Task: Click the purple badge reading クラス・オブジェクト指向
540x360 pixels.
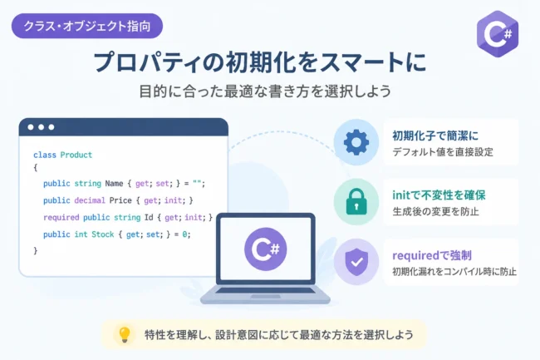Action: click(x=87, y=26)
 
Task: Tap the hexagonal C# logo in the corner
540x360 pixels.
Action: click(x=498, y=33)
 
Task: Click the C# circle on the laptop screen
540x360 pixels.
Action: click(x=266, y=249)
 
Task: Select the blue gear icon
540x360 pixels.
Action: click(x=356, y=142)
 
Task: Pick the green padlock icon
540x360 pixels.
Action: click(x=356, y=202)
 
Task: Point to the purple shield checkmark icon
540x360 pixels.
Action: click(x=356, y=262)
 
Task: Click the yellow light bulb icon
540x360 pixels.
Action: click(x=125, y=334)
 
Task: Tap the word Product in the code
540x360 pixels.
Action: click(x=76, y=155)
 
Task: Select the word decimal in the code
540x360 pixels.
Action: click(x=90, y=200)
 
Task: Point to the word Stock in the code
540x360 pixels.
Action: click(x=103, y=234)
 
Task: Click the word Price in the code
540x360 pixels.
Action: click(x=120, y=200)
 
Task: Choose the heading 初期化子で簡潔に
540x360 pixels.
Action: click(x=435, y=136)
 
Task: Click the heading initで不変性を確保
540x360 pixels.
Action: click(x=439, y=195)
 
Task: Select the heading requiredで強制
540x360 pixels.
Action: click(x=432, y=255)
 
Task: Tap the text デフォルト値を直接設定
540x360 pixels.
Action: click(x=443, y=152)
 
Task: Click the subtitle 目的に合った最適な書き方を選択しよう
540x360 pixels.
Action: click(x=265, y=91)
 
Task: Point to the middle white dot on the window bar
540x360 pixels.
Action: click(x=41, y=127)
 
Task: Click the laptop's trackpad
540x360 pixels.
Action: click(x=265, y=296)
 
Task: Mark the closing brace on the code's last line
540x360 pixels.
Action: click(x=36, y=250)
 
